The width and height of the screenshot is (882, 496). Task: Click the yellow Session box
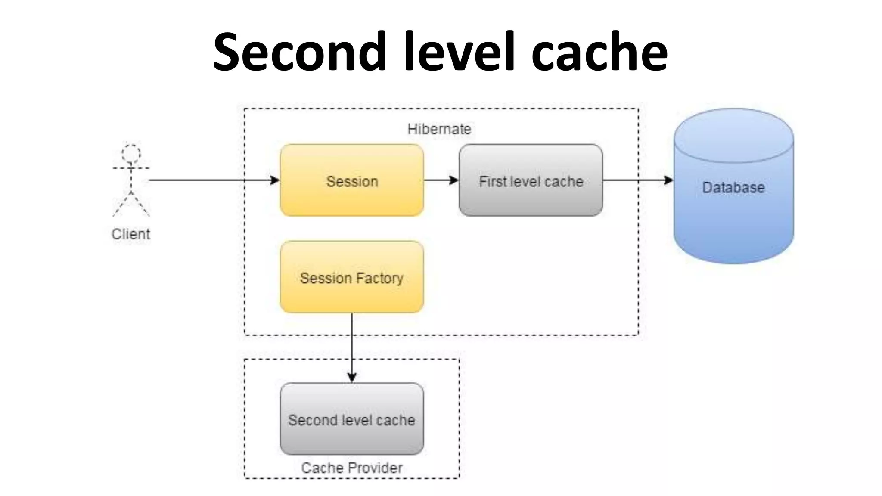click(x=351, y=180)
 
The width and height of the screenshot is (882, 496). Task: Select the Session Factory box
click(x=351, y=277)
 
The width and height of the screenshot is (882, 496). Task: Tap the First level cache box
click(x=531, y=180)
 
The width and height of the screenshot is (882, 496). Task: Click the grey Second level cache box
click(x=351, y=419)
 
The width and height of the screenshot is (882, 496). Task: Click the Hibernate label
click(x=439, y=129)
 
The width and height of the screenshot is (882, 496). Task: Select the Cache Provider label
click(x=351, y=468)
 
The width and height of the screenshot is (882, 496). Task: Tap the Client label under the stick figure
click(x=131, y=234)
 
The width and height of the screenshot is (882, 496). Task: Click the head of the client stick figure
click(x=131, y=153)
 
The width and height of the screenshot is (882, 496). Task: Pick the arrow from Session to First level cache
click(x=441, y=180)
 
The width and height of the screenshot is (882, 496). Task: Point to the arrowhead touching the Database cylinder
click(x=668, y=180)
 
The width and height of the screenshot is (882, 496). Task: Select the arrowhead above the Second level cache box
click(x=352, y=377)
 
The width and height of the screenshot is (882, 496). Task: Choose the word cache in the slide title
click(x=599, y=52)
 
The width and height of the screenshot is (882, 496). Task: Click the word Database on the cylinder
click(x=733, y=187)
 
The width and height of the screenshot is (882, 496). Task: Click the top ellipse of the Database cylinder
click(x=733, y=134)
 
